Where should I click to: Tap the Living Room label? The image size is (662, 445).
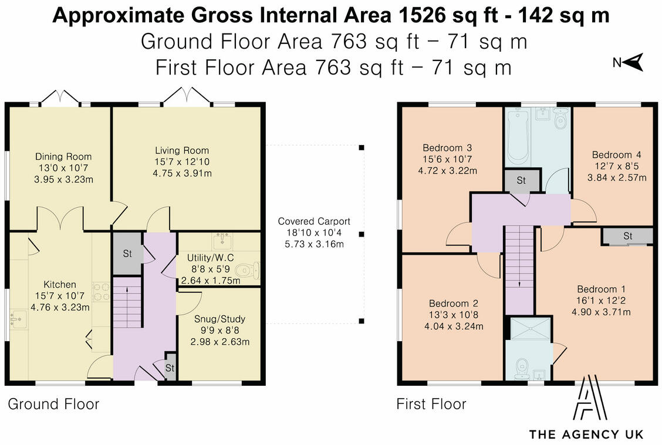[x=182, y=150]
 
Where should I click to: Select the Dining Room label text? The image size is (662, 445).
[x=63, y=157]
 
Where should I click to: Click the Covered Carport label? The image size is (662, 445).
[x=314, y=221]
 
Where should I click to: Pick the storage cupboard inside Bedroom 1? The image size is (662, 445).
[x=627, y=236]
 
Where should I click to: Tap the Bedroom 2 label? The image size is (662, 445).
[x=454, y=304]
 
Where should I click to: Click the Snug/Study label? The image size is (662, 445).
[x=219, y=319]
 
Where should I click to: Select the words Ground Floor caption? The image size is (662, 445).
[x=53, y=404]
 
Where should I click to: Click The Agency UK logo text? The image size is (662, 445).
[x=586, y=434]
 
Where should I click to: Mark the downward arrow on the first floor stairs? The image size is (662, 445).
[x=519, y=276]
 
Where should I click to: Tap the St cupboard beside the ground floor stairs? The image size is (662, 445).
[x=127, y=254]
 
